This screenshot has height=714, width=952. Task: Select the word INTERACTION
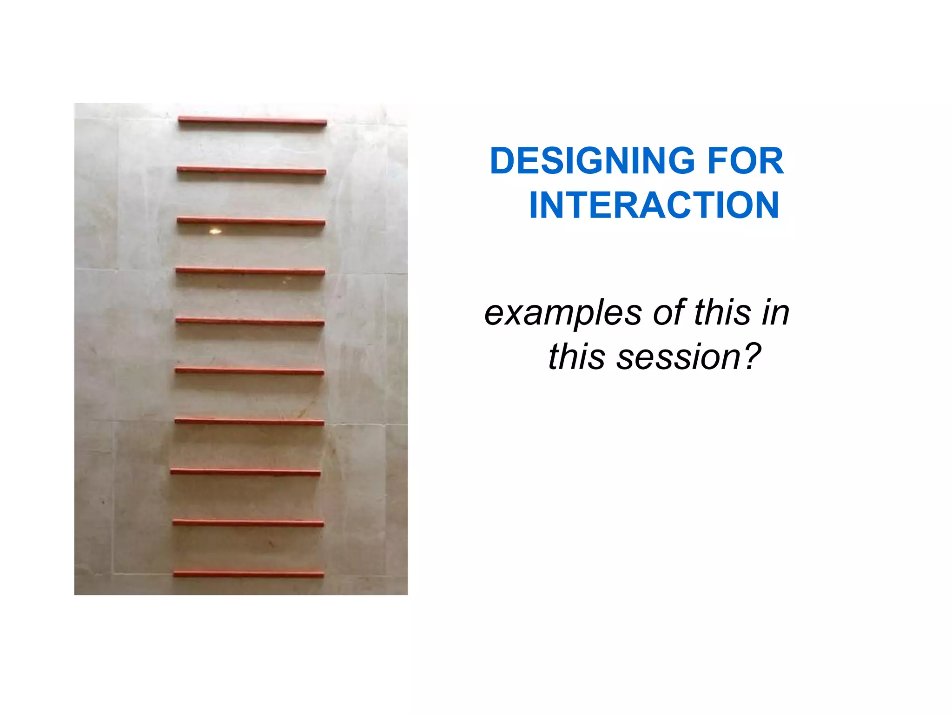654,205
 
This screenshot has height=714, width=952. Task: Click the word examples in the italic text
563,313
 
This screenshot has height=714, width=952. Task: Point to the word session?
688,357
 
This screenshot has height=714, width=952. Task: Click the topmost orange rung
252,121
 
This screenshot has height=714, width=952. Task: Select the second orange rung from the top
251,171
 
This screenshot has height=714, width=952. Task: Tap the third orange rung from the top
251,221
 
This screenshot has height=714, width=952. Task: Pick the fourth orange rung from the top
250,271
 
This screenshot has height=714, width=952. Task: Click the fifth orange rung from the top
250,321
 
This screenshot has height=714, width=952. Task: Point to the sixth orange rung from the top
249,371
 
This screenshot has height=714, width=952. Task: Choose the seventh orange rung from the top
249,422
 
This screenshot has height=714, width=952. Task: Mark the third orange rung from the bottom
245,472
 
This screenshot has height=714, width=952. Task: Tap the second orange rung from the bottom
248,523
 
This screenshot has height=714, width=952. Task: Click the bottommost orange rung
248,574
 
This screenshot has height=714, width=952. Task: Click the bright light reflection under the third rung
215,231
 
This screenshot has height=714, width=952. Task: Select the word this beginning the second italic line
577,357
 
